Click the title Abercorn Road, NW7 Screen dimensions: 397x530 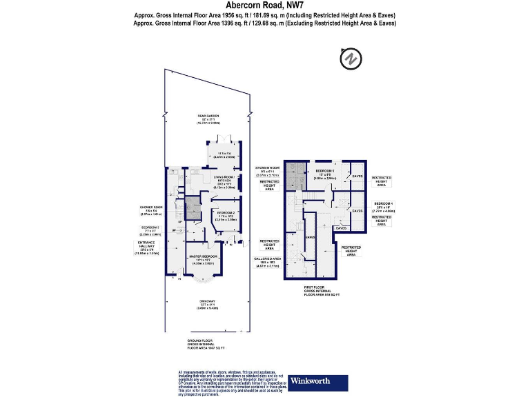click(x=265, y=5)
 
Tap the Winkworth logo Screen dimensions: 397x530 click(x=310, y=380)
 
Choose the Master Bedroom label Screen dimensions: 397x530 click(x=204, y=259)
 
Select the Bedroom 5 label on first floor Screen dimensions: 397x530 click(x=325, y=173)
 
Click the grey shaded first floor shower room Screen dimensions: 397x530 click(x=297, y=176)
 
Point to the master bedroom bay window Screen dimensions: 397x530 click(x=204, y=280)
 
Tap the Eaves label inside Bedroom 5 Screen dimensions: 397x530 click(x=357, y=176)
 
